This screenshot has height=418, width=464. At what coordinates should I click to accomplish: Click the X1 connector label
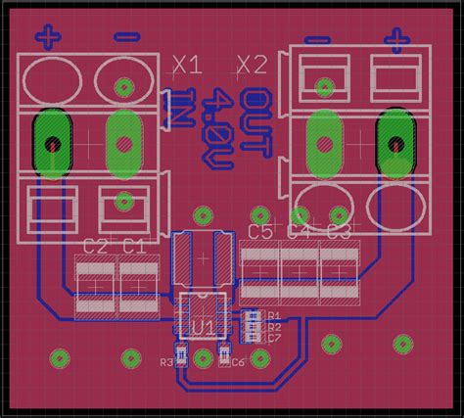click(x=186, y=66)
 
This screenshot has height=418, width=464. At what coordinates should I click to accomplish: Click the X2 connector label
click(x=252, y=66)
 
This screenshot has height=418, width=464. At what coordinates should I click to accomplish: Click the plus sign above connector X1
click(x=49, y=37)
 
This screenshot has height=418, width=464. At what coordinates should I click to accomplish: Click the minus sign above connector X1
click(x=125, y=37)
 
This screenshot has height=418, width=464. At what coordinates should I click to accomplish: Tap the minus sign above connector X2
click(x=318, y=39)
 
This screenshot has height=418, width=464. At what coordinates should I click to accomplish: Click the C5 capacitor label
click(x=260, y=232)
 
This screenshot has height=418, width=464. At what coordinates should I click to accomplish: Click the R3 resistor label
click(x=165, y=362)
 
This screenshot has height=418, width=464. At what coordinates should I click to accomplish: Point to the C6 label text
click(x=239, y=362)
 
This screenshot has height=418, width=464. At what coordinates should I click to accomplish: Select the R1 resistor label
click(x=274, y=316)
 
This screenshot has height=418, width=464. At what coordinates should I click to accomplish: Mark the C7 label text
click(x=274, y=338)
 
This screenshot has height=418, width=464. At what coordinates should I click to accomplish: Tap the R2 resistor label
click(x=274, y=327)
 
